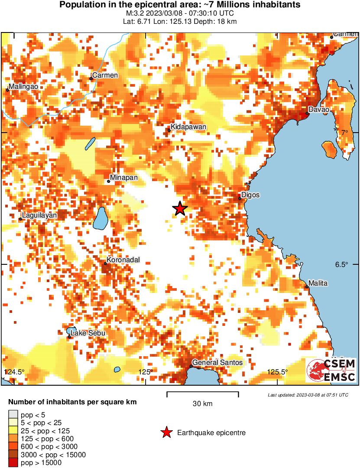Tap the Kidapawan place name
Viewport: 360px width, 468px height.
pyautogui.click(x=188, y=127)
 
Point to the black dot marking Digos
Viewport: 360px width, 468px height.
pyautogui.click(x=240, y=198)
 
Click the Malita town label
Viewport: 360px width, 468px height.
pyautogui.click(x=318, y=283)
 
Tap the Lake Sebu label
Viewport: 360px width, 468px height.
pyautogui.click(x=88, y=333)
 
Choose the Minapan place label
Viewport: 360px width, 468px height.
pyautogui.click(x=124, y=178)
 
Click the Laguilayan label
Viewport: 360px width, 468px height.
pyautogui.click(x=40, y=215)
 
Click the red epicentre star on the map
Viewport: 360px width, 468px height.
pyautogui.click(x=180, y=208)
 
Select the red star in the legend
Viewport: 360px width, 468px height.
pyautogui.click(x=166, y=432)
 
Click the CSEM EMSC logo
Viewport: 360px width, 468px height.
pyautogui.click(x=331, y=370)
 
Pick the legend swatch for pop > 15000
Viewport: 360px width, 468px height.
pyautogui.click(x=13, y=462)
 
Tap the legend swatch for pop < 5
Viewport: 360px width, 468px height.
pyautogui.click(x=13, y=415)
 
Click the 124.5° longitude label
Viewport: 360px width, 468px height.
pyautogui.click(x=15, y=372)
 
